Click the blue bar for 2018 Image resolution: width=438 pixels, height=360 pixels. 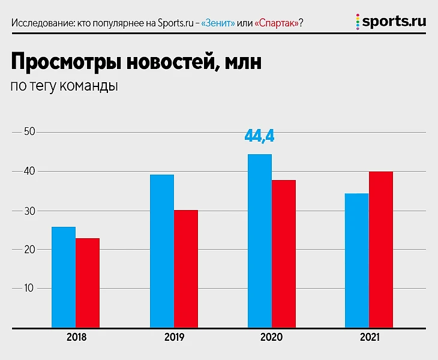pyautogui.click(x=64, y=277)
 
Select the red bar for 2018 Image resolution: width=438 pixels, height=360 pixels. pyautogui.click(x=88, y=283)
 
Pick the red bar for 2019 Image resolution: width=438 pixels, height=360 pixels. pyautogui.click(x=186, y=269)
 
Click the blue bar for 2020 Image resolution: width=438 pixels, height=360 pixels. pyautogui.click(x=260, y=241)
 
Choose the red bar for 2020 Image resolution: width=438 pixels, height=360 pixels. pyautogui.click(x=284, y=254)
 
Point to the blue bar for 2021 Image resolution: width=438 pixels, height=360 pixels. pyautogui.click(x=357, y=260)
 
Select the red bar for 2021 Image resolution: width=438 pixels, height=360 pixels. pyautogui.click(x=381, y=250)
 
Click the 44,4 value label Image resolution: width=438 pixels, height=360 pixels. pyautogui.click(x=259, y=136)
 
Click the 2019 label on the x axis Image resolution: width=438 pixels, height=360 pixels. pyautogui.click(x=174, y=338)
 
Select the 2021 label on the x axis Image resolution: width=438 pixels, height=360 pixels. pyautogui.click(x=369, y=338)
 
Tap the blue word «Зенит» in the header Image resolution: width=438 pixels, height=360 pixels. pyautogui.click(x=218, y=23)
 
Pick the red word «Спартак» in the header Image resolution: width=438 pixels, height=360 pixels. pyautogui.click(x=276, y=23)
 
